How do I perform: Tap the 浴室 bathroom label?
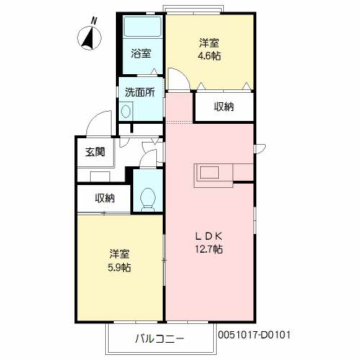(x=141, y=53)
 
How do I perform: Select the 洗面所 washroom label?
(x=140, y=92)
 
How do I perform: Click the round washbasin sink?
(x=127, y=111)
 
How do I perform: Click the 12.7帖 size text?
(x=209, y=249)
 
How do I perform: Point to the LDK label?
(x=209, y=235)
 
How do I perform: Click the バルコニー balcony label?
(x=160, y=338)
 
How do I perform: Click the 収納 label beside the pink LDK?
(x=224, y=107)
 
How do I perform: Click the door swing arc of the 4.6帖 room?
(x=180, y=78)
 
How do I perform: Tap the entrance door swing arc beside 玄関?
(x=102, y=120)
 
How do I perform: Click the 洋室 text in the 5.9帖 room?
(x=120, y=254)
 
